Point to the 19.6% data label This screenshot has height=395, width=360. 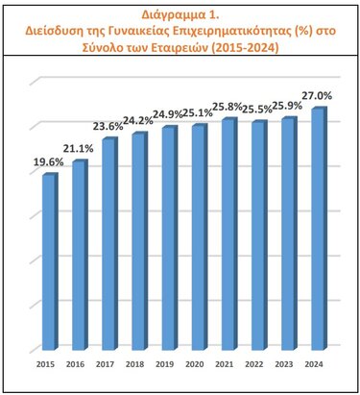[x=45, y=162]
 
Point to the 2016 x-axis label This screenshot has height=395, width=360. [x=75, y=366]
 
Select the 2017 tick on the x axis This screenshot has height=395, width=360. [x=105, y=366]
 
